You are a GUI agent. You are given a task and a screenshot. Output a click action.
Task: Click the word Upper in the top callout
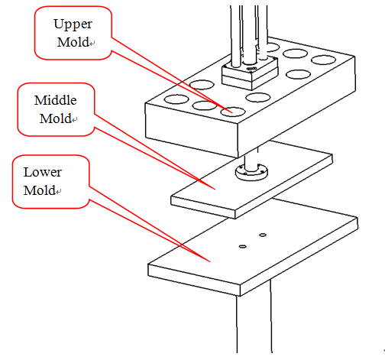[x=73, y=24]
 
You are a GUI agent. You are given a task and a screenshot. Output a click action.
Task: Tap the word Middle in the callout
[x=56, y=100]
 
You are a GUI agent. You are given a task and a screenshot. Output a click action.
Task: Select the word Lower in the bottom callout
[x=43, y=172]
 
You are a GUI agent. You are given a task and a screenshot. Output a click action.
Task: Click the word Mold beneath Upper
[x=73, y=42]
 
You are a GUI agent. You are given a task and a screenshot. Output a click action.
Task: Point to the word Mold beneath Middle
[x=56, y=118]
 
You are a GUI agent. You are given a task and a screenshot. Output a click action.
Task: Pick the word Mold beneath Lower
[x=40, y=190]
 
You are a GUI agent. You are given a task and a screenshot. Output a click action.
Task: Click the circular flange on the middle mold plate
[x=251, y=173]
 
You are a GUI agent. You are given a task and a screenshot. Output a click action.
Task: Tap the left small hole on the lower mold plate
[x=243, y=246]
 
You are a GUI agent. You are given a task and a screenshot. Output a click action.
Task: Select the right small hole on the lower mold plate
[x=263, y=235]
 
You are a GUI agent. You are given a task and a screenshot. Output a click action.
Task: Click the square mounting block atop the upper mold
[x=250, y=74]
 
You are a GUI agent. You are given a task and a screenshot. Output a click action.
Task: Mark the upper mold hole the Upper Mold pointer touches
[x=233, y=112]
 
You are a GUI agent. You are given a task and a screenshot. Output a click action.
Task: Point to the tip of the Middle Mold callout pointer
[x=215, y=190]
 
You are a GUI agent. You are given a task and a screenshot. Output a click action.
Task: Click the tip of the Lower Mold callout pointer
[x=210, y=261]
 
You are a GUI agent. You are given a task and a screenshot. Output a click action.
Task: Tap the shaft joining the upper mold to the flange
[x=251, y=159]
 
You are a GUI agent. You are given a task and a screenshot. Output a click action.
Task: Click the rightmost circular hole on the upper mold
[x=323, y=60]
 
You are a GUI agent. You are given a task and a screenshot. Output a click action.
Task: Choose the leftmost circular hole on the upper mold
[x=176, y=99]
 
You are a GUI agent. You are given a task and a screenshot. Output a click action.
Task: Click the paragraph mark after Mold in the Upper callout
[x=92, y=44]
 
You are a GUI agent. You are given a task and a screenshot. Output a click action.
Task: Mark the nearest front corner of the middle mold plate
[x=235, y=211]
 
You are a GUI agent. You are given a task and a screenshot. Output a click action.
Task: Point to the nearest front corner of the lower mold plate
[x=240, y=286]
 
